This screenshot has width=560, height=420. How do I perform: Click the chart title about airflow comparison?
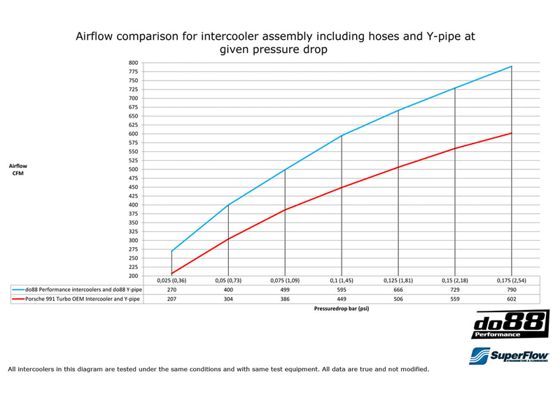click(279, 43)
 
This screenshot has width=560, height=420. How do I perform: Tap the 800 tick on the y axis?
click(133, 63)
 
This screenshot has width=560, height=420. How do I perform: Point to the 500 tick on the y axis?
click(133, 169)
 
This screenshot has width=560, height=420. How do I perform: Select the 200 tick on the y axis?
click(133, 276)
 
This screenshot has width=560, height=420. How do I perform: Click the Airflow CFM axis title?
click(18, 169)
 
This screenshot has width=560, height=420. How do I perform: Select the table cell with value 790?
click(512, 288)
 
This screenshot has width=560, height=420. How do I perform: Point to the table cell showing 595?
click(342, 288)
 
